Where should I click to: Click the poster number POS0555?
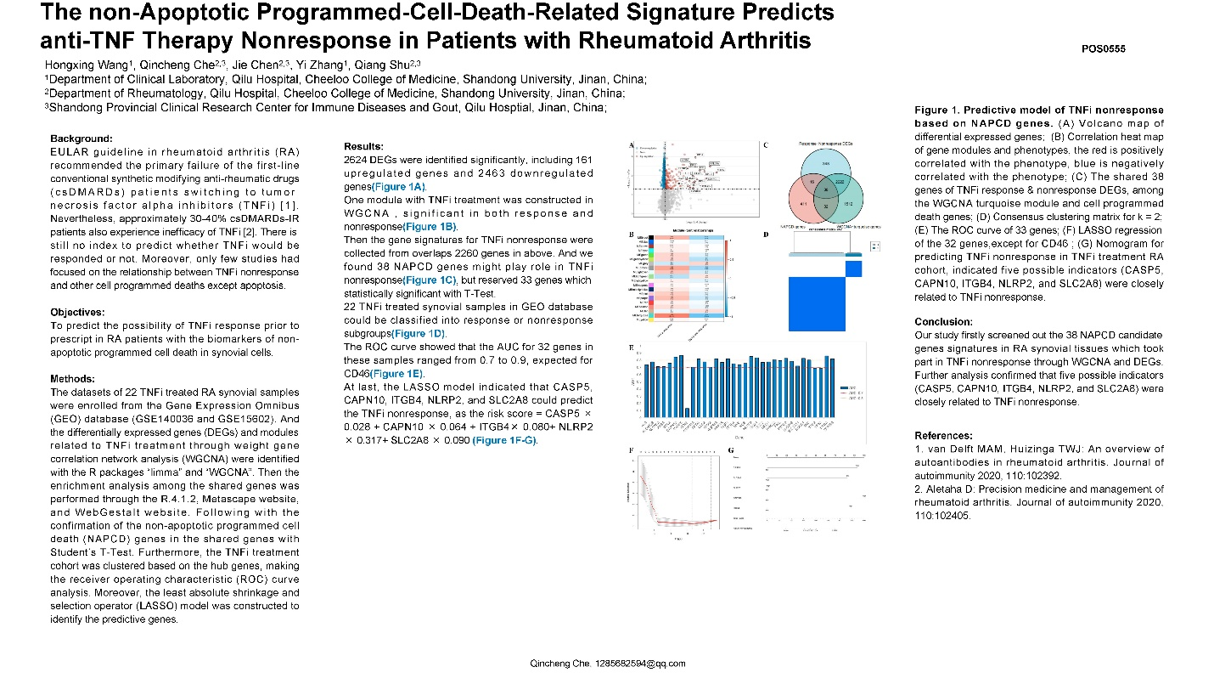coord(1103,49)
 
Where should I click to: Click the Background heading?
coord(81,138)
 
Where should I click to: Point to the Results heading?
coord(363,147)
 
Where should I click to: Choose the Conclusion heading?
coord(943,322)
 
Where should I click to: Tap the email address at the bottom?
coord(607,664)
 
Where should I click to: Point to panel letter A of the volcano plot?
coord(631,145)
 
